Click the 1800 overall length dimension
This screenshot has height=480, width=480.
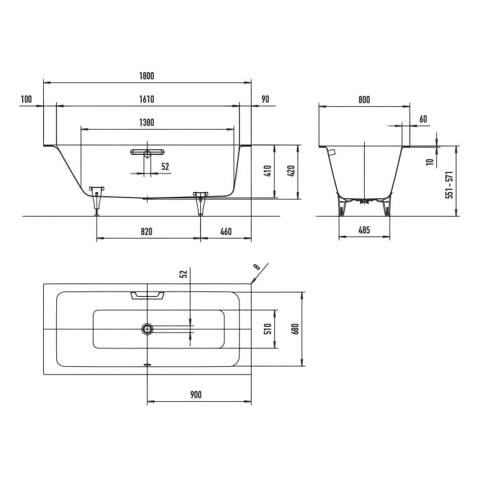[147, 75]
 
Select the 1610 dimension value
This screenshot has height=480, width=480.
[147, 99]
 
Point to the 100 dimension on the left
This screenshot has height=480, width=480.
[27, 99]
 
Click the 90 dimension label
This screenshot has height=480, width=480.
[265, 99]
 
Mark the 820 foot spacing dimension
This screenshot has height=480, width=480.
[147, 232]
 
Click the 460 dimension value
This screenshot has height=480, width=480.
[226, 232]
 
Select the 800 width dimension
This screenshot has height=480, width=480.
[364, 100]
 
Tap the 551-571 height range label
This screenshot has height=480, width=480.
[450, 184]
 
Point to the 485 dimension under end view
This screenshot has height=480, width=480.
[364, 231]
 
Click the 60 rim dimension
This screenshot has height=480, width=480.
[422, 119]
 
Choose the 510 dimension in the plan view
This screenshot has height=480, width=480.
[268, 328]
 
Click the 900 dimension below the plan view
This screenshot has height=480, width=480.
[195, 394]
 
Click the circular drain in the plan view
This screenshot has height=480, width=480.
[147, 329]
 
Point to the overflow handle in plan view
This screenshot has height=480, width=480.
[147, 295]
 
